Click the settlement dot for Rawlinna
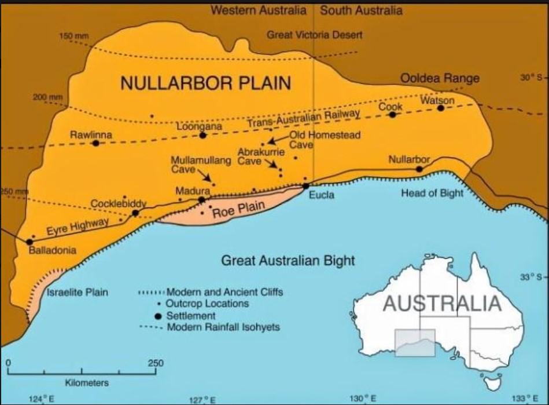pos(96,143)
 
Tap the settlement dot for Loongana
pos(202,135)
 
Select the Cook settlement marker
pos(392,115)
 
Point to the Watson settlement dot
pos(441,108)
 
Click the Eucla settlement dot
pos(305,186)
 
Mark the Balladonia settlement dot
pos(30,242)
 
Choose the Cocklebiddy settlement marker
pos(135,213)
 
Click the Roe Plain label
pos(238,209)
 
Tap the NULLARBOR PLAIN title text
pos(205,83)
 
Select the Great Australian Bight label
pos(288,260)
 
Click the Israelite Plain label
pos(77,292)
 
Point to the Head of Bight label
pos(432,194)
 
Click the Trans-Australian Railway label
pos(304,118)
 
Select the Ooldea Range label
pos(440,78)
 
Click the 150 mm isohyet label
pos(74,37)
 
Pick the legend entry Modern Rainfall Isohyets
pos(223,327)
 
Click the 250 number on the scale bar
pos(156,363)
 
